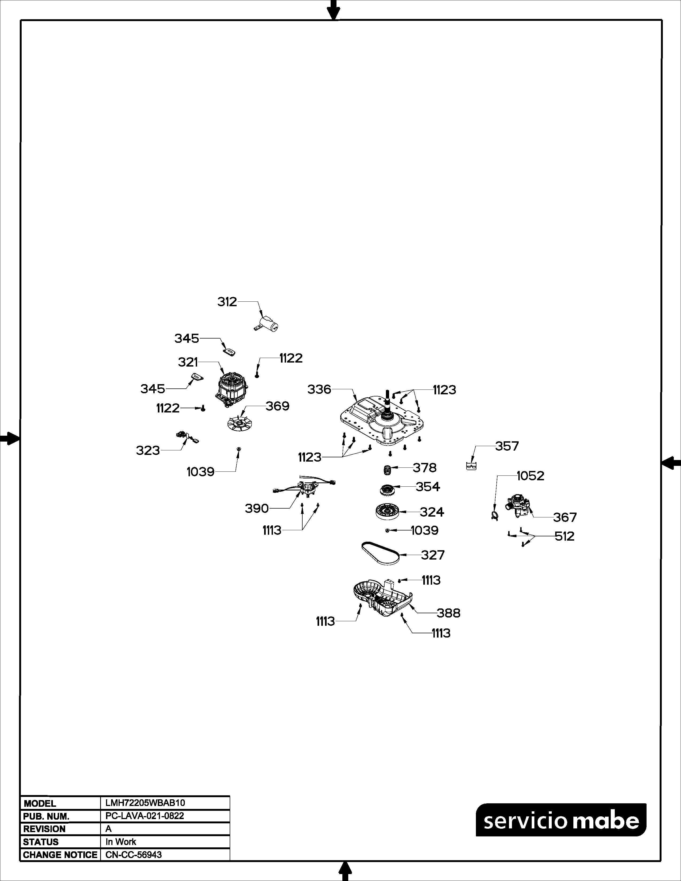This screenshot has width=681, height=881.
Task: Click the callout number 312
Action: pos(227,302)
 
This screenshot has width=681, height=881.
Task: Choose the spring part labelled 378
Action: pos(387,470)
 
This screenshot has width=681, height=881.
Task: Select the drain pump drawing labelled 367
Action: pos(518,505)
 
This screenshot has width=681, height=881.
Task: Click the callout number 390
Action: pos(257,508)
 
